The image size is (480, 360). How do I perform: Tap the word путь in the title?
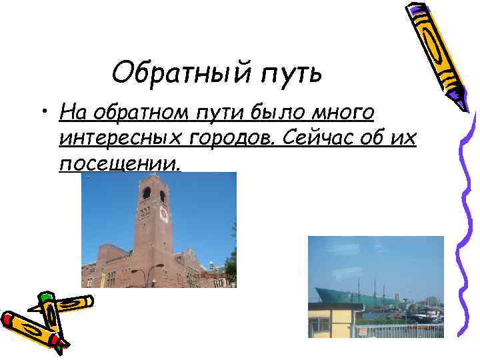(x=289, y=73)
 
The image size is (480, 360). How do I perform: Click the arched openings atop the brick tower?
(x=154, y=194)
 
